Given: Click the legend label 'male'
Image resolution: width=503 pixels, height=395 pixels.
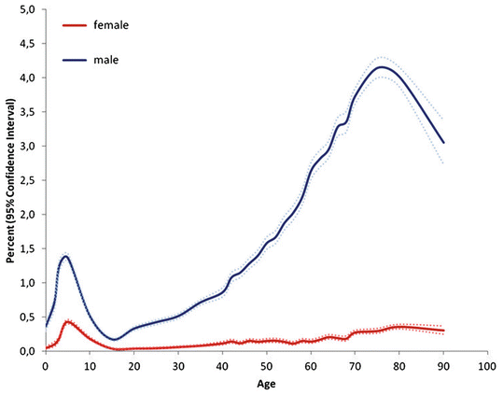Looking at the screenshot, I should coord(105,60).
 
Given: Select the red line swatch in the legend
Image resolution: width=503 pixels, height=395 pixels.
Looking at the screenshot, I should coord(72,25).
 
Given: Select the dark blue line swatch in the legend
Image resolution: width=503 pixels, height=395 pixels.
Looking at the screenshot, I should coord(72,61).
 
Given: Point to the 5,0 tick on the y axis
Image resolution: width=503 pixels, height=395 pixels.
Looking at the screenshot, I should coord(25,9).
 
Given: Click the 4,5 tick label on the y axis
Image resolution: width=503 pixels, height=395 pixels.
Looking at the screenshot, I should coord(25,43).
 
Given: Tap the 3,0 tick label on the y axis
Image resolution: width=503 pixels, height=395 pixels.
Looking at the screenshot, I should coord(25,146).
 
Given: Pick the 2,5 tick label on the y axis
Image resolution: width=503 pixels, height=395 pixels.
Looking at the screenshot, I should coord(25,180).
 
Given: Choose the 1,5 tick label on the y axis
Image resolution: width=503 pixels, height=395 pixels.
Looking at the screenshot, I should coord(25,248).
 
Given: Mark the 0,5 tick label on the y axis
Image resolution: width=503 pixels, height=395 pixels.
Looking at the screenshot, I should coord(25,317).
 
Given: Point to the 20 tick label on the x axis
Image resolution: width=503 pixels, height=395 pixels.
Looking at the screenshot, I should coord(133,367).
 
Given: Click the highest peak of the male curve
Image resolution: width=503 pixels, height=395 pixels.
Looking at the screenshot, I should coord(380,67).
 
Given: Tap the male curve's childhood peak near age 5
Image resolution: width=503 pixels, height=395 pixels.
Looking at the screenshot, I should coord(65,256).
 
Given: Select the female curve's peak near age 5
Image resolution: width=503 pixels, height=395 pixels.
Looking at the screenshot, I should coord(67,321).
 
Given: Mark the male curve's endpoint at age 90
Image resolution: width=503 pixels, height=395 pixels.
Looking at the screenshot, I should coord(442,143).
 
